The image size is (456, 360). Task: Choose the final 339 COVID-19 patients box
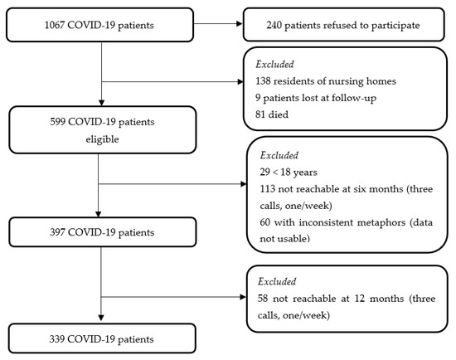pyautogui.click(x=99, y=338)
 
